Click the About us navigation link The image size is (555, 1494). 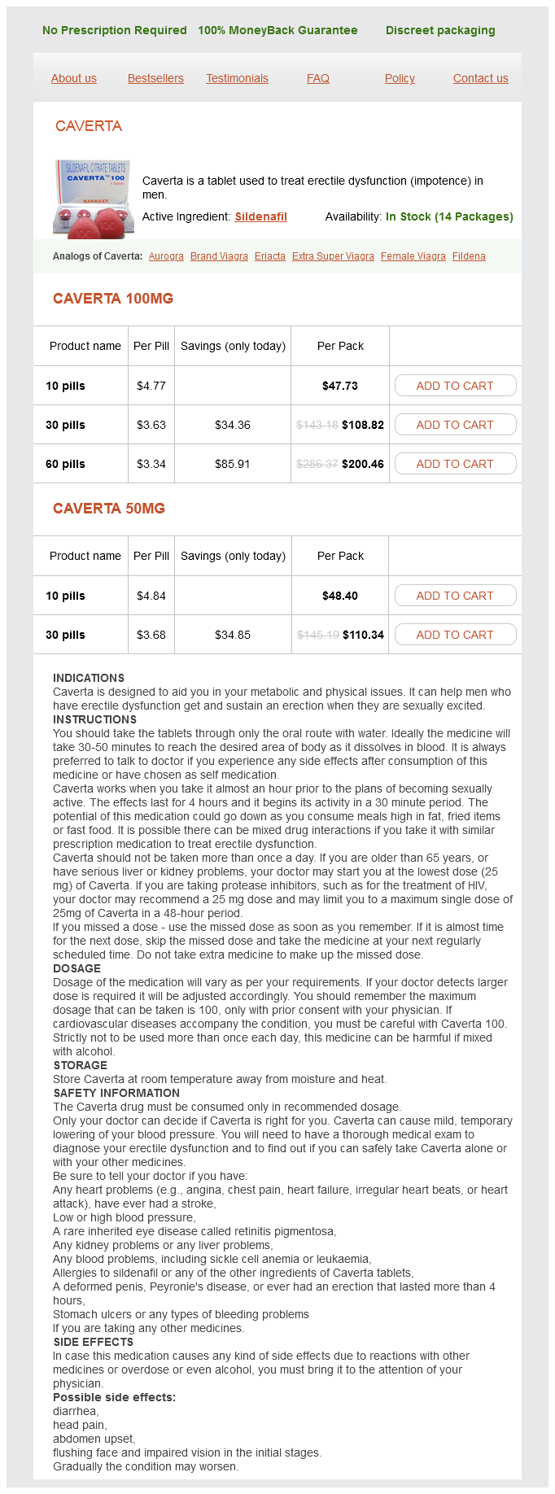pos(74,78)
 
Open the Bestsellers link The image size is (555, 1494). pos(155,78)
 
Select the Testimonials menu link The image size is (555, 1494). pos(237,78)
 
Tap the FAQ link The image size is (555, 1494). pos(318,78)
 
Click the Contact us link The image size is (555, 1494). pos(480,78)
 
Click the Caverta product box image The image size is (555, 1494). pos(91,199)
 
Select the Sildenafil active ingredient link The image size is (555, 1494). pos(260,216)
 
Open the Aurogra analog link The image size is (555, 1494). pos(166,256)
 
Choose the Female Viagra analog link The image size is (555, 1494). pos(413,256)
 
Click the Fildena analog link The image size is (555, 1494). pos(469,256)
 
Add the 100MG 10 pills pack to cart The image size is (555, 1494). pos(455,386)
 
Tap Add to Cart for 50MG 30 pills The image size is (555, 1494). pos(455,635)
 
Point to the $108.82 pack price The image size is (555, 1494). pos(363,425)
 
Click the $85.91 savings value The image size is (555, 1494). pos(233,464)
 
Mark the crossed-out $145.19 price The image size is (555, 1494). pos(317,635)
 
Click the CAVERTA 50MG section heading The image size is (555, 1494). pos(109,509)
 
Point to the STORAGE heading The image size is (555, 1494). pos(81,1065)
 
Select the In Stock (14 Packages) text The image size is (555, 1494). pos(449,216)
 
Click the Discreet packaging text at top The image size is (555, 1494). pos(440,30)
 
